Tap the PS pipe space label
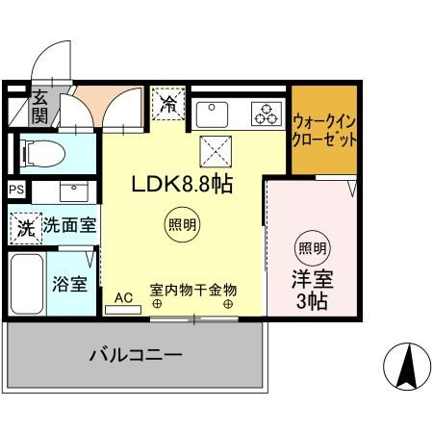click(16, 190)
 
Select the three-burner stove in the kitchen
click(265, 114)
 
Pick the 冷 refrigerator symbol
click(168, 101)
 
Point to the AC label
click(123, 298)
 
